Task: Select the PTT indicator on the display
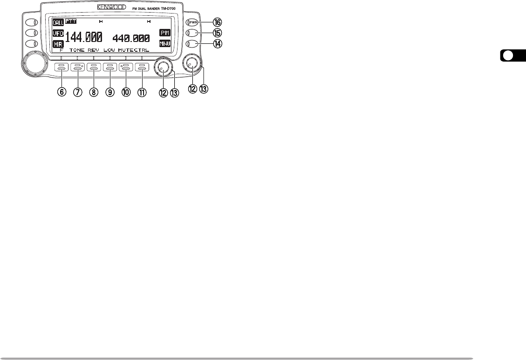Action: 71,21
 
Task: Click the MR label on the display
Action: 58,44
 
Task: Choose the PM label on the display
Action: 165,33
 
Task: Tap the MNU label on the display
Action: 165,44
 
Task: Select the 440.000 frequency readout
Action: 130,38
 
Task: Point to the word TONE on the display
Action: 77,49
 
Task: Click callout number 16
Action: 218,22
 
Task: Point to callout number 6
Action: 61,92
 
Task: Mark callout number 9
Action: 110,92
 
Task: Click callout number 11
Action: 142,92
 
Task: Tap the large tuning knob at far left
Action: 34,64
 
